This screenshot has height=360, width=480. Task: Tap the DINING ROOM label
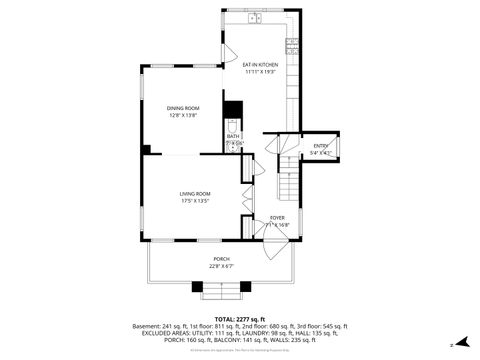coord(183,108)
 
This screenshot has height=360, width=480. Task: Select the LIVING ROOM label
coord(194,193)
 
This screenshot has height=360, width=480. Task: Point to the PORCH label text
coord(221,259)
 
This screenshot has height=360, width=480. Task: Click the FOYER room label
coord(277,218)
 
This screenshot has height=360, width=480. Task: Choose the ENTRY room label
coord(320,147)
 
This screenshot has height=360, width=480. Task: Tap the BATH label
coord(232,137)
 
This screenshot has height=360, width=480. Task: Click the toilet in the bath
coord(233,126)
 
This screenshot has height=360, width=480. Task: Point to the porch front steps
coord(221,290)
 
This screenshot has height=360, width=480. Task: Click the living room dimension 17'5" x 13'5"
coord(194,201)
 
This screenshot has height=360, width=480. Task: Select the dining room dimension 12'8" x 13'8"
coord(183,116)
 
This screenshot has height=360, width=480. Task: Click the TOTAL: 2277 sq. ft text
coord(239,319)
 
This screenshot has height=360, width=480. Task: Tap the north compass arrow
coord(463,344)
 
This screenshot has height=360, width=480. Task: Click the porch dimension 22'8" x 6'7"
coord(221,266)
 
